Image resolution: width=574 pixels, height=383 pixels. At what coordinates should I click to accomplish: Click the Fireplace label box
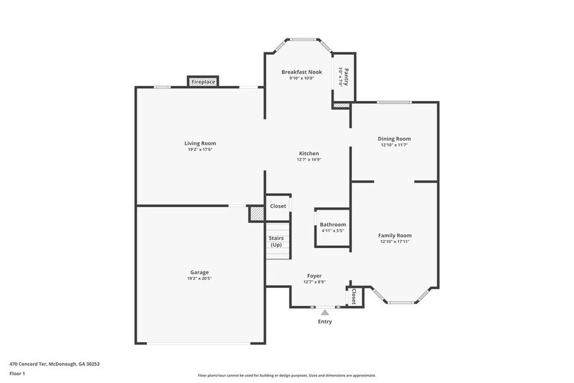203,82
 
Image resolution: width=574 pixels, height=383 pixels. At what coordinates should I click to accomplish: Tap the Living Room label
200,143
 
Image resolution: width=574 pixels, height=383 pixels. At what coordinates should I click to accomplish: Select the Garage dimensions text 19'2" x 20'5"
200,278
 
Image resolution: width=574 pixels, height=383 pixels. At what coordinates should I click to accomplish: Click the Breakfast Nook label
301,72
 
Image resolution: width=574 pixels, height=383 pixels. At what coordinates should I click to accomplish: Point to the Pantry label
346,77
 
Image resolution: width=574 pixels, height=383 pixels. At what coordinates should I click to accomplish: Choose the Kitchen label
308,154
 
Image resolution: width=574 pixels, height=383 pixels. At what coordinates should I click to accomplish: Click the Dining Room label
394,139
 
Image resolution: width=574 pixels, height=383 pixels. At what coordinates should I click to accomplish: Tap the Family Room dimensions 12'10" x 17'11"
394,242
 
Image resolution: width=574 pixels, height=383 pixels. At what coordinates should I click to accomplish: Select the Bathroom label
333,224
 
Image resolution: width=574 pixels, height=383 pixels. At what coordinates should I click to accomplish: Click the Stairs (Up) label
276,241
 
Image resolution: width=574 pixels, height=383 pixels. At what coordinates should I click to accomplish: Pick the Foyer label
314,276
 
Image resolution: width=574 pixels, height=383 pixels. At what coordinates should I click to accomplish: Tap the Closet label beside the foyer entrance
354,297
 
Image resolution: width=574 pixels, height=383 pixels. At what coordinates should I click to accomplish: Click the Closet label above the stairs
278,206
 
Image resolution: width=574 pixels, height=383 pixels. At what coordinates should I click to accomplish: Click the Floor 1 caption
17,373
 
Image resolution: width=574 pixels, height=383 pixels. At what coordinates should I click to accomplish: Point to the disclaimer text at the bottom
286,375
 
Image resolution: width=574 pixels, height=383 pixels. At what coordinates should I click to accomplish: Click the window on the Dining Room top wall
394,102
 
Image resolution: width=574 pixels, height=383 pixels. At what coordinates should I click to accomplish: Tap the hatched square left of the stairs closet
257,214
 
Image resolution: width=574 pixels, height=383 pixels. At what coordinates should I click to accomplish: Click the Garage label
200,272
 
